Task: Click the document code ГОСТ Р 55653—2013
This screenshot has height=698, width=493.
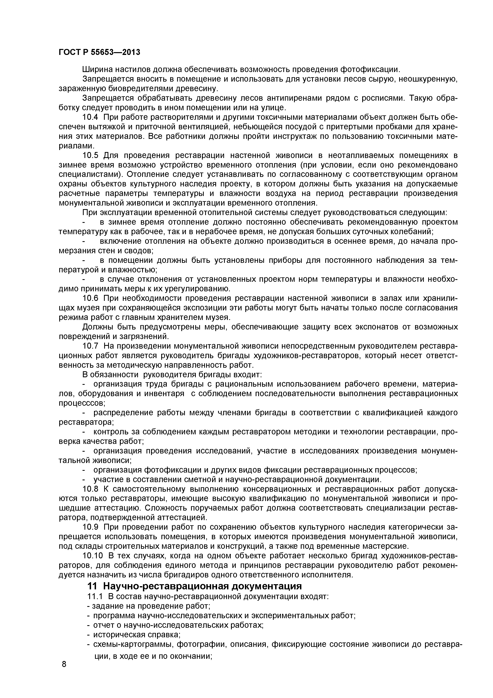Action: coord(99,52)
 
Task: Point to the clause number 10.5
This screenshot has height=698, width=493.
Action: coord(91,155)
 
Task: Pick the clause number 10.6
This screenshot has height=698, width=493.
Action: coord(91,298)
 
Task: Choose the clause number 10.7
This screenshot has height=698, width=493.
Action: coord(91,346)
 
